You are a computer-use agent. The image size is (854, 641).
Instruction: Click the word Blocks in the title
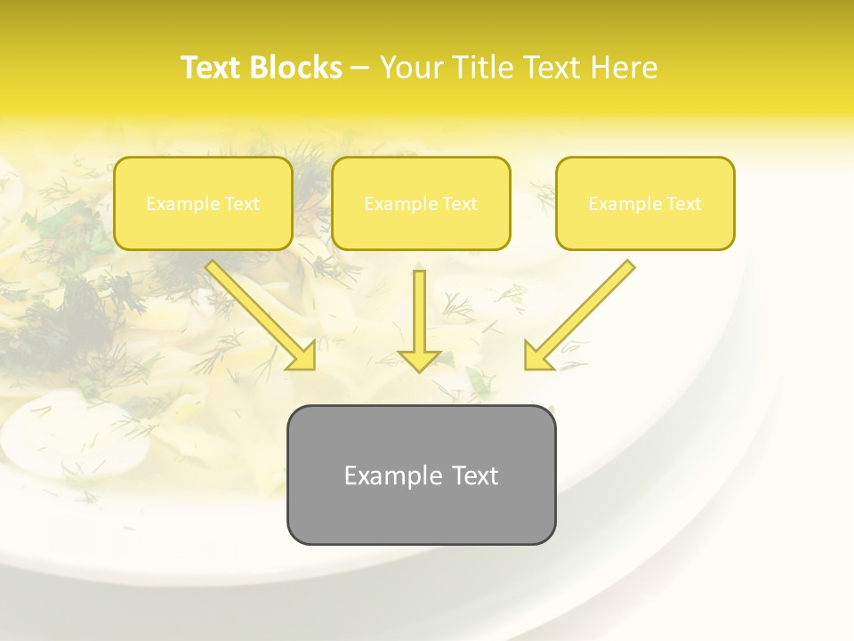click(x=298, y=68)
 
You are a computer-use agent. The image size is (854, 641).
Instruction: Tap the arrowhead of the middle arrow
click(x=419, y=360)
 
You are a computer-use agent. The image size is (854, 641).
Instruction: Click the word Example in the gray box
click(x=382, y=475)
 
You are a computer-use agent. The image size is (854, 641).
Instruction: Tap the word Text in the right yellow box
click(x=683, y=204)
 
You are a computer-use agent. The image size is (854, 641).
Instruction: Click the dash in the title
click(x=360, y=69)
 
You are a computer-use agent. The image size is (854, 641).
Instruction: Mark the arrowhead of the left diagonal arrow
click(x=302, y=356)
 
